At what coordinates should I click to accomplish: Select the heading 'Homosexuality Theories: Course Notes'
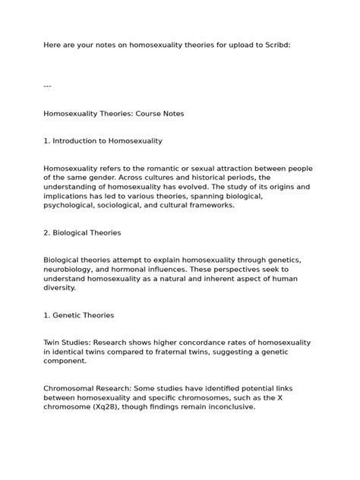coord(114,113)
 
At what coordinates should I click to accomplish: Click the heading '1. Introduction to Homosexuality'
coord(103,141)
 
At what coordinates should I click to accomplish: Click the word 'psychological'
coord(69,205)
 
